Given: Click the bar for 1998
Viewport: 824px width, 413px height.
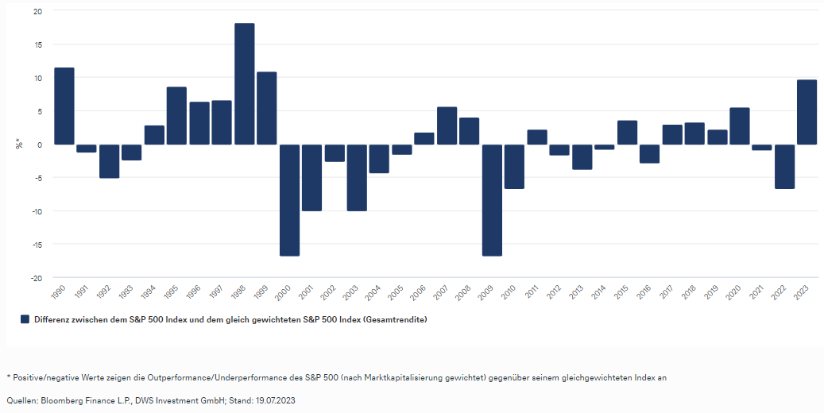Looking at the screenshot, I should (x=245, y=84).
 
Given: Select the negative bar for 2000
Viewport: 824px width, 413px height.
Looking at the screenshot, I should (x=289, y=200).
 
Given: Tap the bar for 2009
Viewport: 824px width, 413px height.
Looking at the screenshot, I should (x=492, y=200).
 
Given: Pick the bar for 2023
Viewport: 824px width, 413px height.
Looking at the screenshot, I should (x=807, y=112).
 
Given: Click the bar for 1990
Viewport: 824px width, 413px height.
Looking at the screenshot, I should (x=64, y=106).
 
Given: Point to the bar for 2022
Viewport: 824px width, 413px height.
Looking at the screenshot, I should (x=785, y=167).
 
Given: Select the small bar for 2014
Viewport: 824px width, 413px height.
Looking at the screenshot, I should (x=605, y=147).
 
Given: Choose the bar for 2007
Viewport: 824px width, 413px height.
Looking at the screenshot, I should (x=447, y=125).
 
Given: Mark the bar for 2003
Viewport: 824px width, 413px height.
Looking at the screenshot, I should (x=357, y=178).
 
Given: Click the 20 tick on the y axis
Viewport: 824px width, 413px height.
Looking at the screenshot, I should (x=37, y=11).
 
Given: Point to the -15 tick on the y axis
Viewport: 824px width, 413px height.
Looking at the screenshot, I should (x=36, y=245).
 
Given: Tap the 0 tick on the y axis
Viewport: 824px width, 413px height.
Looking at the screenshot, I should (x=40, y=145).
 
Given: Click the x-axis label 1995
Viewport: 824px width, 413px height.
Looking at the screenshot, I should (x=171, y=291).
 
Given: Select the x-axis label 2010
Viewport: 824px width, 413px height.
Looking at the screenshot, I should (x=509, y=291).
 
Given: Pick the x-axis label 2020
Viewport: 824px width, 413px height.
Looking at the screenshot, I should (x=734, y=291).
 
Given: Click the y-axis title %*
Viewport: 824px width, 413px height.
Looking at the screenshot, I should (x=19, y=144).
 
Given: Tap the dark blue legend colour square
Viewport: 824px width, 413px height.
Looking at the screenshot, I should (x=25, y=319).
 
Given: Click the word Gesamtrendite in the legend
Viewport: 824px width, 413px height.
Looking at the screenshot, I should (x=394, y=319).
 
